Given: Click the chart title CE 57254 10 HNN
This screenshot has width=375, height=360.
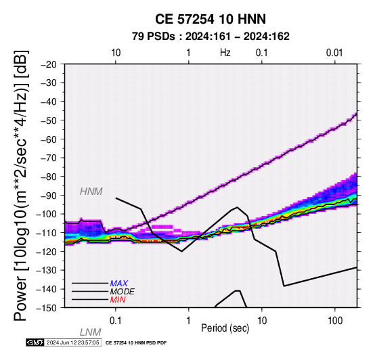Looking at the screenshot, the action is tap(211, 19).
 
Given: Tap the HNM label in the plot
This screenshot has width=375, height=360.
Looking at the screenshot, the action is tap(91, 192).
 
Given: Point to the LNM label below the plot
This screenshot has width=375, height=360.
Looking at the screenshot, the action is tap(91, 332).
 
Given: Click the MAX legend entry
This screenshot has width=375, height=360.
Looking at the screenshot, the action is tap(119, 284).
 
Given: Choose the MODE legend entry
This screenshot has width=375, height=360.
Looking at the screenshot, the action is tap(123, 292).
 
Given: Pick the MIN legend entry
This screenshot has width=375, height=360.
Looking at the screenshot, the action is tap(118, 300).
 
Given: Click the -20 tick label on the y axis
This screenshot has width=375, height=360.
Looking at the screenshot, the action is tap(49, 64).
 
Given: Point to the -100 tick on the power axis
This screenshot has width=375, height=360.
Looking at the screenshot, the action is tap(47, 214).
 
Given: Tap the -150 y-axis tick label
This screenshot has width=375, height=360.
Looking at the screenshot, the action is tap(47, 308).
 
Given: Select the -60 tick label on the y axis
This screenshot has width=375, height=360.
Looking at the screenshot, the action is tap(49, 139).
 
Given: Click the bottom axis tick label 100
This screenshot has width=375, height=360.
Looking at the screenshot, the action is tap(335, 321).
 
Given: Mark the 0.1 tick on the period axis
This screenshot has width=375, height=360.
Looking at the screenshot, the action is tap(116, 321).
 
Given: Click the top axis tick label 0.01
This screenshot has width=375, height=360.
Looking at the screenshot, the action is tap(334, 53).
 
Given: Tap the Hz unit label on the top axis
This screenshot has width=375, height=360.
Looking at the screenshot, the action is tap(225, 53).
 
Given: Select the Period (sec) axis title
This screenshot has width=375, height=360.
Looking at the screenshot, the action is tap(225, 328).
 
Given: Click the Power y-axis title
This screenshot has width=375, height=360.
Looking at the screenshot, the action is tap(20, 185).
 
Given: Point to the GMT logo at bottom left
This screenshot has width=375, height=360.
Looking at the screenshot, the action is tap(35, 342).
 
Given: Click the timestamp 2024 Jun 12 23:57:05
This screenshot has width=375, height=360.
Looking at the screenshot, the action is tap(72, 342).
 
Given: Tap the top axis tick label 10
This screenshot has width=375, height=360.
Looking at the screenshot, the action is tap(116, 53).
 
